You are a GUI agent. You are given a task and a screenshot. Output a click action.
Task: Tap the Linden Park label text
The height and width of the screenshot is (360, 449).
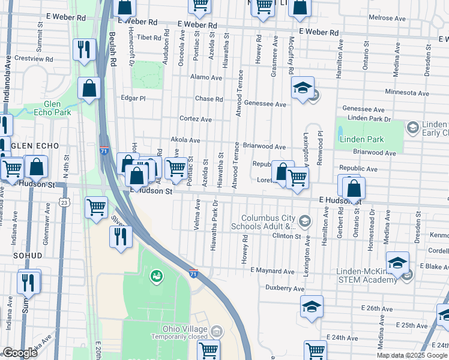(361, 139)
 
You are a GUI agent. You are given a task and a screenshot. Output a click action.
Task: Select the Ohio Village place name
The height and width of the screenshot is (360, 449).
(185, 329)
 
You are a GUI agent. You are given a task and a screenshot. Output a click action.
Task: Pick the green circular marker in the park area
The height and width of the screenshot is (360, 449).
(155, 276)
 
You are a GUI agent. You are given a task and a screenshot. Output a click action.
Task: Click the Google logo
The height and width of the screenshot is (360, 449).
(20, 353)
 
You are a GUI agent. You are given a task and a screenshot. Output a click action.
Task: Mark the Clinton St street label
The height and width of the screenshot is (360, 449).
(287, 236)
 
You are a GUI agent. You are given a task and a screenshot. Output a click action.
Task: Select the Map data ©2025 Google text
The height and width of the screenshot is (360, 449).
(412, 355)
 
